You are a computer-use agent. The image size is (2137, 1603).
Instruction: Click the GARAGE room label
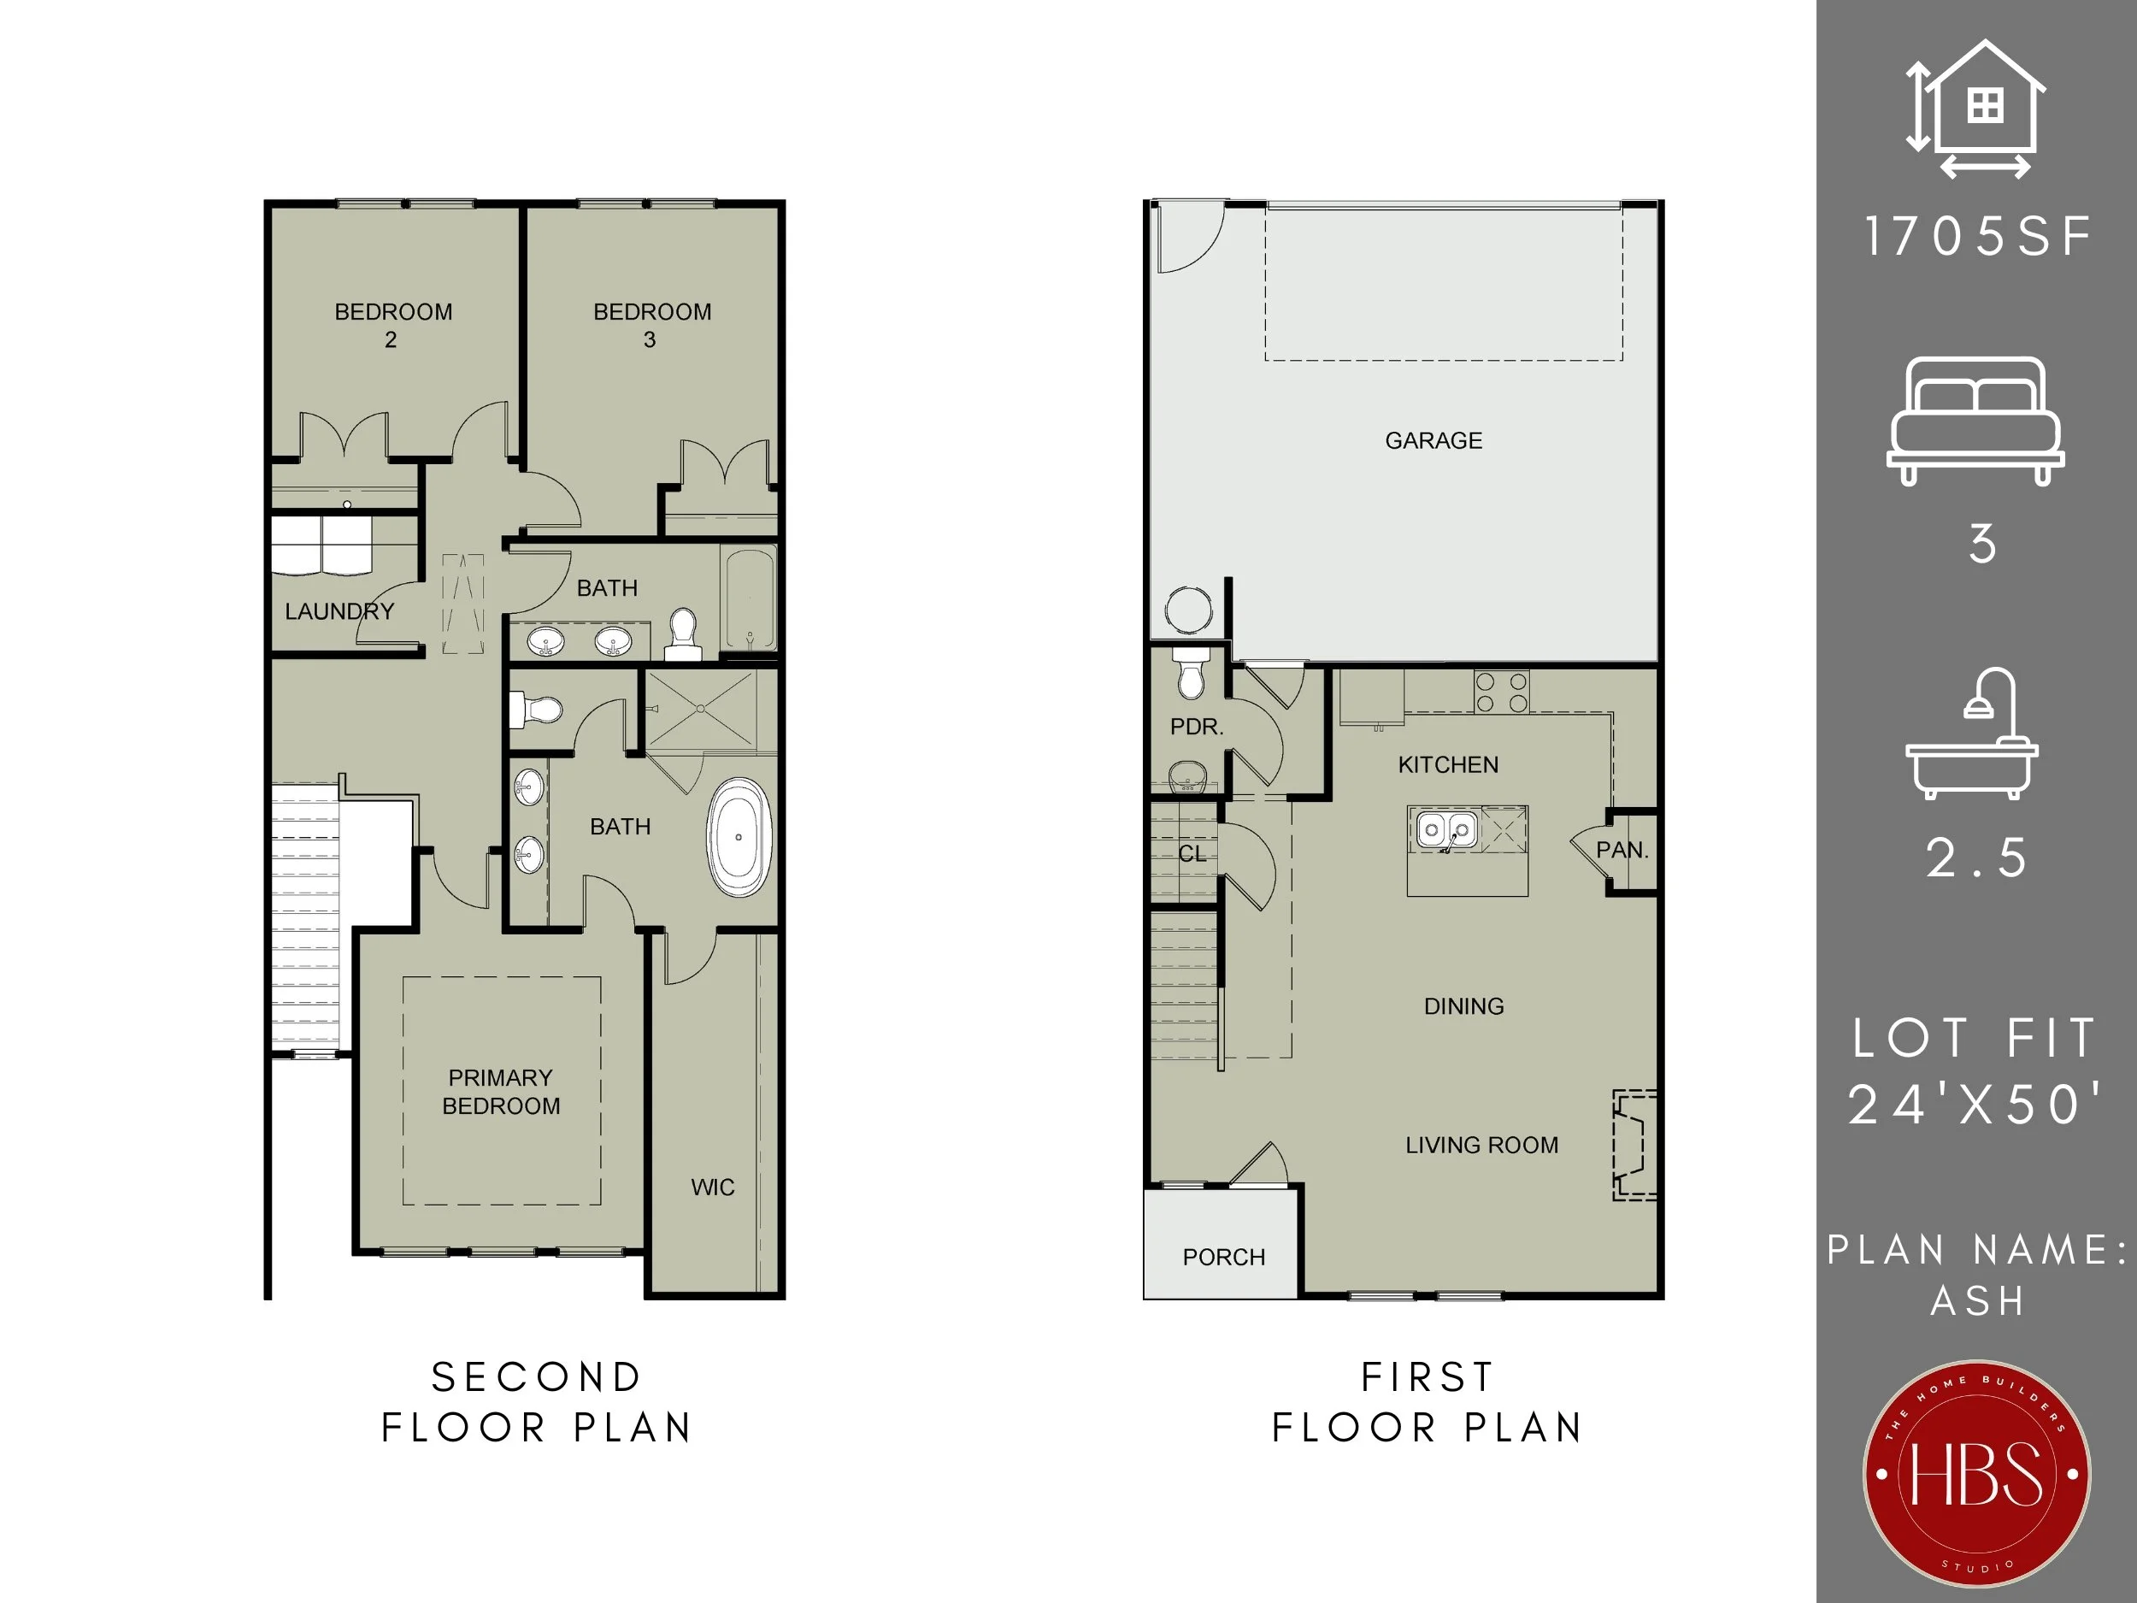(1433, 440)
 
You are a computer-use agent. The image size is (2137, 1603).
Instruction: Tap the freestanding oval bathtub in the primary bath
(739, 837)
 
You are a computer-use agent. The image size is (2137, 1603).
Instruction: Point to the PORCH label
(1224, 1257)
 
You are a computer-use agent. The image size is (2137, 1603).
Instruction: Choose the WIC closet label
(713, 1188)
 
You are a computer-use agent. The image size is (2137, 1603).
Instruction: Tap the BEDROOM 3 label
(652, 326)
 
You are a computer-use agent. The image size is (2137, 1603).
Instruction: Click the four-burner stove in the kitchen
(1501, 692)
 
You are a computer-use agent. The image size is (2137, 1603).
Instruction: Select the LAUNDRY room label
(339, 611)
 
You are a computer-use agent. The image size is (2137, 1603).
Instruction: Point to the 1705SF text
(1978, 236)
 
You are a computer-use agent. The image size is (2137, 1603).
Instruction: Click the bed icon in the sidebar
(1975, 421)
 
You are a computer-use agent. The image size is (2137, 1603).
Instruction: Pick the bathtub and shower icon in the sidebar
(1972, 734)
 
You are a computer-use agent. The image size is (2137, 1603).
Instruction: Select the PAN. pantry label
(1622, 851)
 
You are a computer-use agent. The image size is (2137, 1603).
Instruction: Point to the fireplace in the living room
(1634, 1145)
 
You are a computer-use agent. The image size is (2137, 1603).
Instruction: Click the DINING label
(1463, 1006)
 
